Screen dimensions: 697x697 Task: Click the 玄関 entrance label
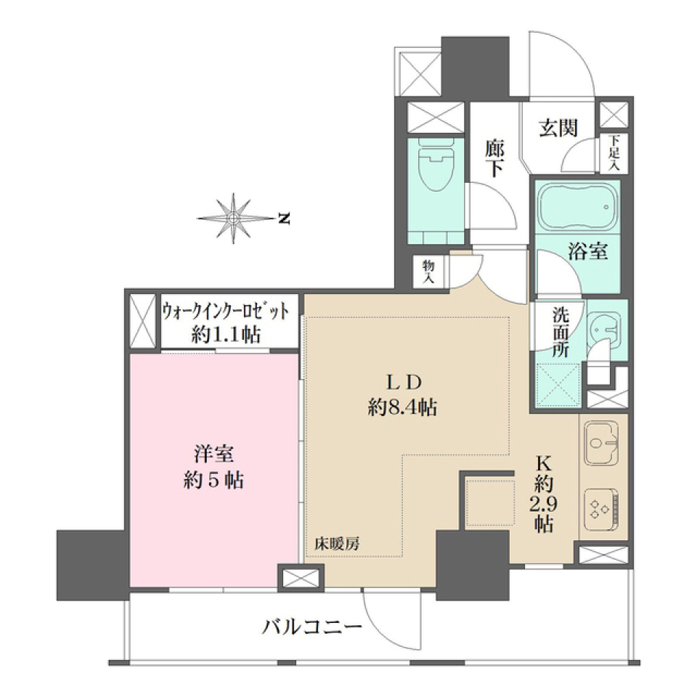pyautogui.click(x=558, y=129)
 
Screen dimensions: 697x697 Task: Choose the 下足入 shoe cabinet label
pyautogui.click(x=614, y=154)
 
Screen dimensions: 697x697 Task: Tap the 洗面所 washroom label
pyautogui.click(x=561, y=332)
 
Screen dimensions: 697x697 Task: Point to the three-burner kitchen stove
pyautogui.click(x=602, y=506)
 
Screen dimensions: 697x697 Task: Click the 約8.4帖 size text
pyautogui.click(x=402, y=408)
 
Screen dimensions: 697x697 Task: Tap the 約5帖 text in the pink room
pyautogui.click(x=213, y=480)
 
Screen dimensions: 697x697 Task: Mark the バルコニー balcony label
pyautogui.click(x=312, y=626)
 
